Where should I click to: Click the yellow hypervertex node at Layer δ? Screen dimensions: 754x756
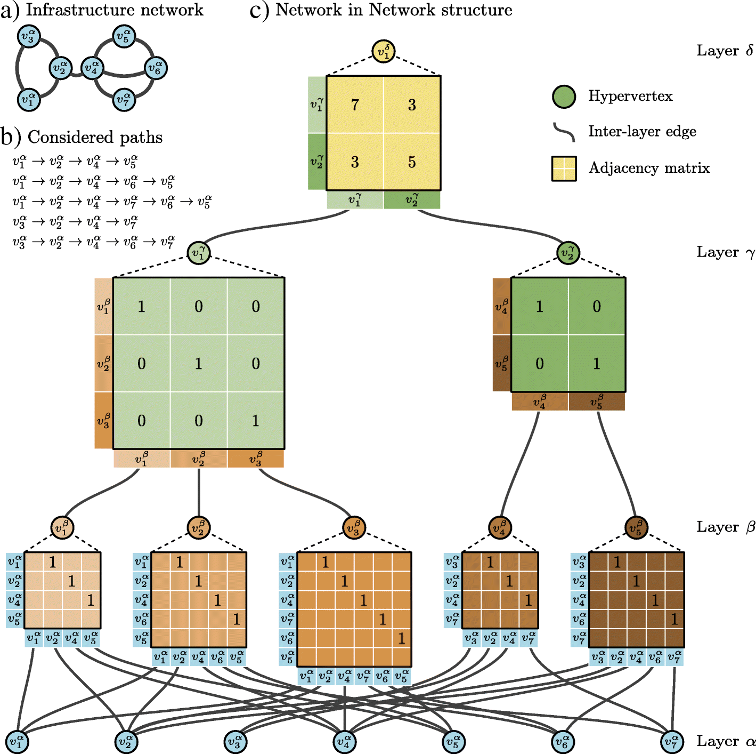[383, 51]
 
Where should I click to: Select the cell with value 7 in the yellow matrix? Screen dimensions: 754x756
[355, 105]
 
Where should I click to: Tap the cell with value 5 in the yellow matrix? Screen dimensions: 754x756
[412, 162]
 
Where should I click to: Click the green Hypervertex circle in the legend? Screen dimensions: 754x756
[564, 97]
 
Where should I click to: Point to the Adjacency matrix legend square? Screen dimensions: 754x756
[564, 169]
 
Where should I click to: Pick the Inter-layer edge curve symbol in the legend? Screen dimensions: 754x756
[564, 132]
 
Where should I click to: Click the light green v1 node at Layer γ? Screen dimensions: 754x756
[199, 253]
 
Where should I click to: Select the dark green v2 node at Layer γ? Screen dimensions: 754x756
[568, 253]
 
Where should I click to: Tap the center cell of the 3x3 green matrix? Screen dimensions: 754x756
[199, 363]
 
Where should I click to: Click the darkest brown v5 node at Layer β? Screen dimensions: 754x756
[636, 527]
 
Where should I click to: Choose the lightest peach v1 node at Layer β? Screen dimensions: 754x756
[62, 527]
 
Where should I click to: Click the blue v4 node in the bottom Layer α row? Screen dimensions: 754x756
[344, 741]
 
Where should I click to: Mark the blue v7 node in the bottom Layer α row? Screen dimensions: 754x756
[672, 741]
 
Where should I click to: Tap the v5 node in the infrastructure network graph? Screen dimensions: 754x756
[124, 37]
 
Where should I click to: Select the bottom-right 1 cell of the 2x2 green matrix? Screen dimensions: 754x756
[597, 363]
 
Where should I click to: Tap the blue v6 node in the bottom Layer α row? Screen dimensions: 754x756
[563, 741]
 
